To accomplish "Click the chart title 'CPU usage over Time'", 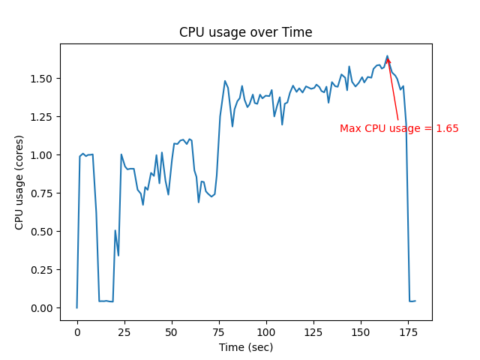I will pos(245,32).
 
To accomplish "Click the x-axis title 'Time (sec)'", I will pos(245,347).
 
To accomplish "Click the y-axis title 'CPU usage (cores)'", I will pos(19,181).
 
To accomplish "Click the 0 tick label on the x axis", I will pos(77,332).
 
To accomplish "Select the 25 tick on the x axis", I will pos(124,332).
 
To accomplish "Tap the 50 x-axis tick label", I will pos(172,332).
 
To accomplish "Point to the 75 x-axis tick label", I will pos(219,332).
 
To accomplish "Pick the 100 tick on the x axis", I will pos(266,332).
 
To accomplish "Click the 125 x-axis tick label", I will pos(313,332).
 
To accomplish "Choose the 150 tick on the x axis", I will pos(361,332).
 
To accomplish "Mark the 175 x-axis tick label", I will pos(408,332).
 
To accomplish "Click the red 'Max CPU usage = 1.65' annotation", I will pos(399,128).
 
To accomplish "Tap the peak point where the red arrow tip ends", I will pos(388,56).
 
